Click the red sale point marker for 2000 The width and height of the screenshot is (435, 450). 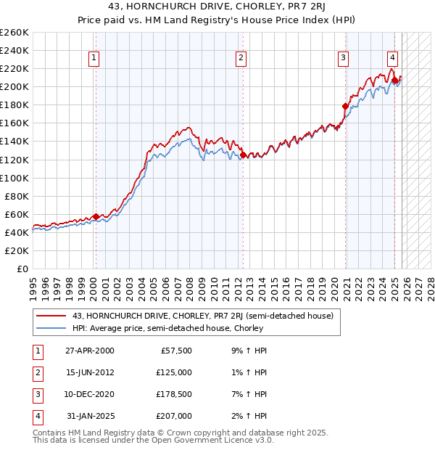click(96, 216)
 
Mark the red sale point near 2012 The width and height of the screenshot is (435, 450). click(243, 155)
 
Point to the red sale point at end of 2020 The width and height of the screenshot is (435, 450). click(345, 106)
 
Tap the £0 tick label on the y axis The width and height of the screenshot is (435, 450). click(21, 269)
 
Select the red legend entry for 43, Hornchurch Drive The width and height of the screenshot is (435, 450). click(202, 316)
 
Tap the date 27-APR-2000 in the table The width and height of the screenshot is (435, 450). click(89, 350)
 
